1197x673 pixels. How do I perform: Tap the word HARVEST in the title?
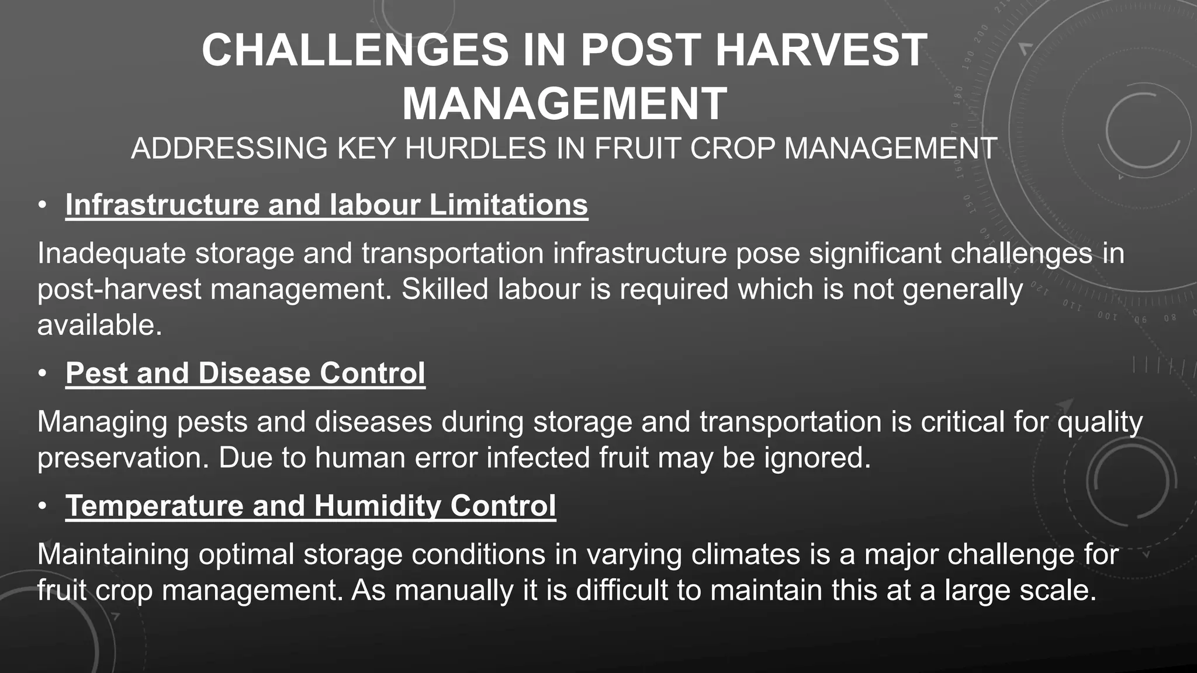click(821, 50)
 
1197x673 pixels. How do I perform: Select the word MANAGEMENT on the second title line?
click(565, 104)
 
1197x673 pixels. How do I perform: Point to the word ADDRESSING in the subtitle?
click(229, 148)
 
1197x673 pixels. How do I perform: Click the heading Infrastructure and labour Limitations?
click(326, 205)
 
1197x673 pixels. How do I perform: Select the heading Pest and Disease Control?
click(245, 373)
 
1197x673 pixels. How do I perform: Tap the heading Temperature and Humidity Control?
click(310, 506)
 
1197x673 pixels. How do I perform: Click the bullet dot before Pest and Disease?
click(42, 373)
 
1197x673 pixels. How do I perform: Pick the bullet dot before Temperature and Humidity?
click(42, 506)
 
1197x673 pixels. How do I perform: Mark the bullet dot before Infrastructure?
click(42, 205)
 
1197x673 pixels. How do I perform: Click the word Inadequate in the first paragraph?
click(112, 254)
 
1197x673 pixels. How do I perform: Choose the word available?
click(99, 325)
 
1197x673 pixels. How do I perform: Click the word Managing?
click(102, 422)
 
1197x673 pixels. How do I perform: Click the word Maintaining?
click(113, 554)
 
